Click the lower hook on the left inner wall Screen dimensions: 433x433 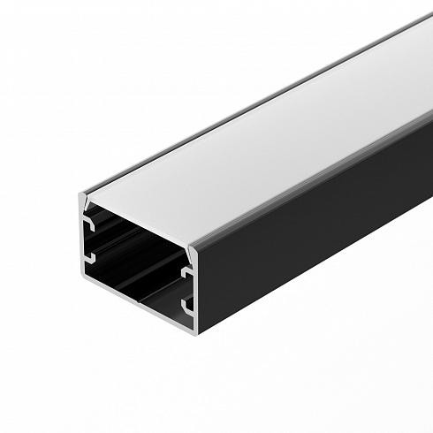[x=90, y=257]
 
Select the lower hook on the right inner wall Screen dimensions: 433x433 [x=187, y=307]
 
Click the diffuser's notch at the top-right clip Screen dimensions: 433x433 [x=188, y=248]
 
